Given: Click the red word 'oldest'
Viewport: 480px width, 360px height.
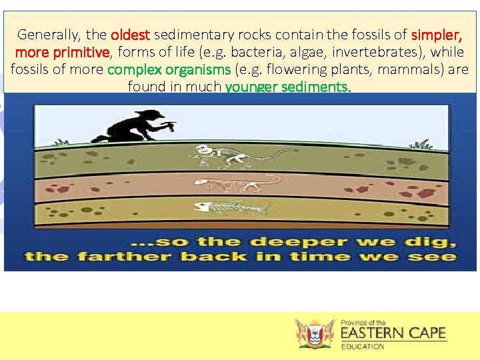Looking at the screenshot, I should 131,35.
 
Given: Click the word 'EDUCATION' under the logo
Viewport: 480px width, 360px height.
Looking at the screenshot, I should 363,346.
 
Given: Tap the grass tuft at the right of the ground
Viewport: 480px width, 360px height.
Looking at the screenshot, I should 421,144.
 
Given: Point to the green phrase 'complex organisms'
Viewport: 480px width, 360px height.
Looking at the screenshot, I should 169,69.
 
